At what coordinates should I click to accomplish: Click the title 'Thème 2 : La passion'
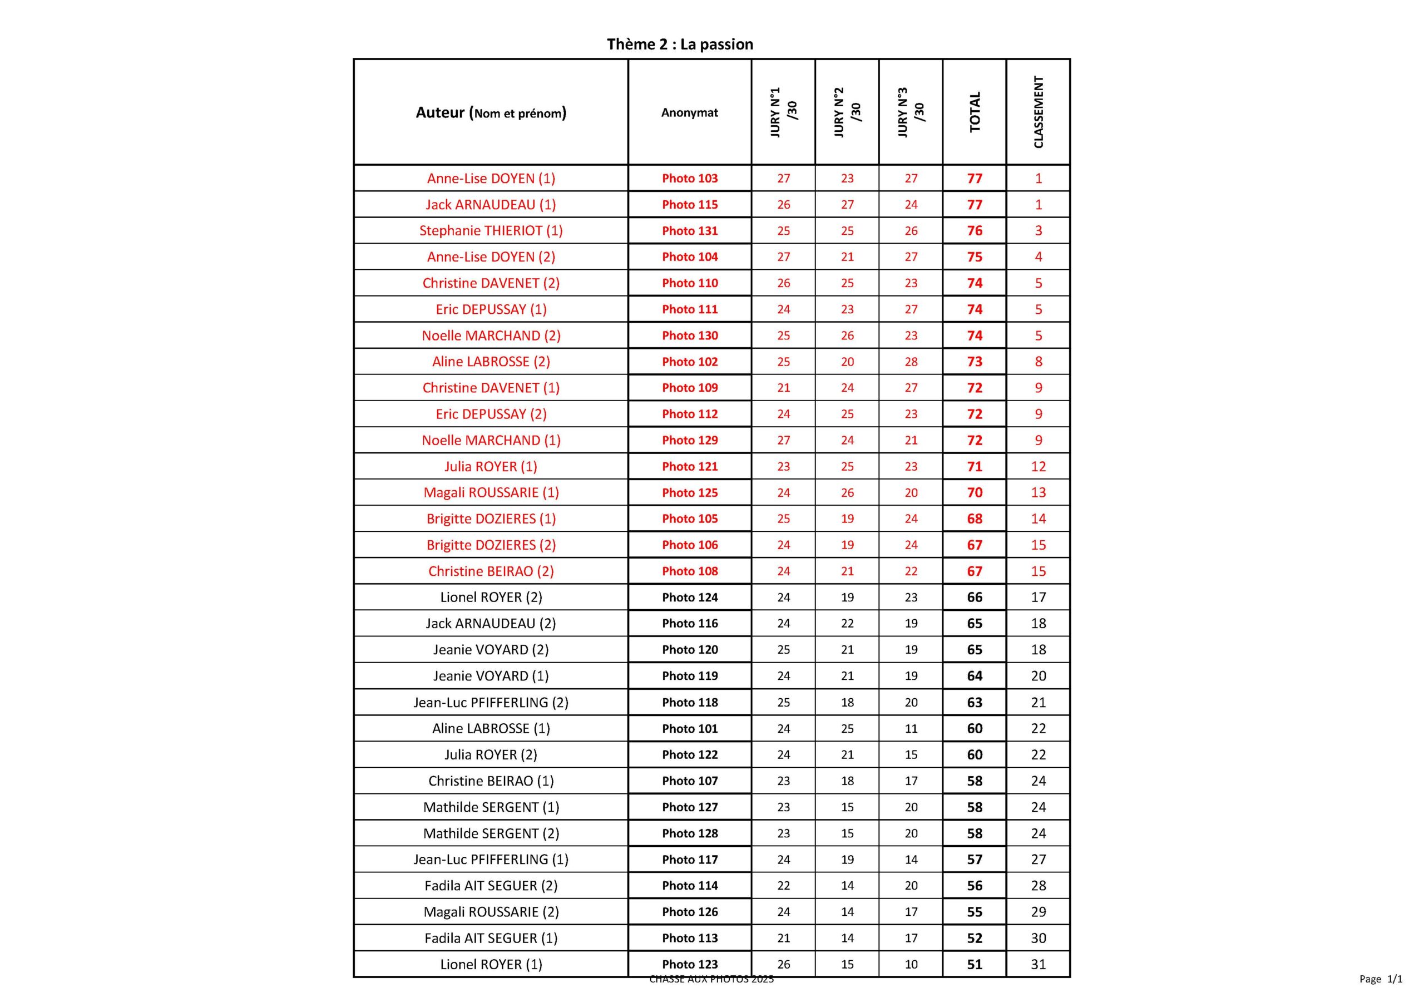(680, 44)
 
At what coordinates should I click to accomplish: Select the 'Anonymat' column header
(689, 113)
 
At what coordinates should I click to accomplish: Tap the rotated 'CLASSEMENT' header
(1038, 112)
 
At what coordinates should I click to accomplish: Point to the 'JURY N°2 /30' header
(847, 112)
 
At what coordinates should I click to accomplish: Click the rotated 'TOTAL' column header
(975, 112)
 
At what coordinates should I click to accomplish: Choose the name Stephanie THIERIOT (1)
(491, 231)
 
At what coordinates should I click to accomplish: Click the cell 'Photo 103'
(689, 179)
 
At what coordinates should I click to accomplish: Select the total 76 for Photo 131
(975, 231)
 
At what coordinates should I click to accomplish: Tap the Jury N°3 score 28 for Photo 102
(911, 362)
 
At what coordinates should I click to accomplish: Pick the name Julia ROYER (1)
(491, 467)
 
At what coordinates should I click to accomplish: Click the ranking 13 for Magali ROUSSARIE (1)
(1038, 492)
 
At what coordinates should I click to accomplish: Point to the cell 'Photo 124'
(689, 598)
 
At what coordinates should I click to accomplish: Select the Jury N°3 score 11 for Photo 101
(911, 728)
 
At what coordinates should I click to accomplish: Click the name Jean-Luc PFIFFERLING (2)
(491, 702)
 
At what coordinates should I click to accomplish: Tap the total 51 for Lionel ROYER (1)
(975, 964)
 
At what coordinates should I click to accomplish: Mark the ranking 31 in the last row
(1038, 964)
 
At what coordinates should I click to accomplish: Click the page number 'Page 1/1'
(1381, 979)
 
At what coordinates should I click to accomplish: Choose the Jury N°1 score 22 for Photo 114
(783, 885)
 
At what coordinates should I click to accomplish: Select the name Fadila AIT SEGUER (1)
(491, 938)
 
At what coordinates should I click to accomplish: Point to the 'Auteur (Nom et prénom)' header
(491, 113)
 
